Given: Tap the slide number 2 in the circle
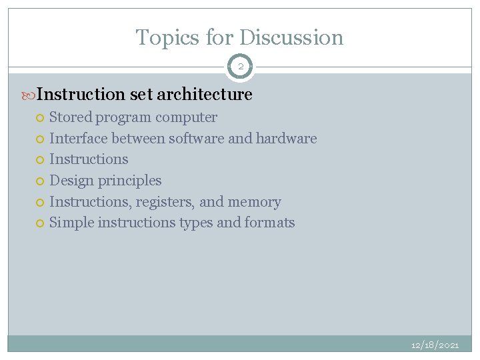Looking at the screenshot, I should coord(240,67).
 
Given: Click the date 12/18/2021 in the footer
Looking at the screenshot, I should coord(435,345).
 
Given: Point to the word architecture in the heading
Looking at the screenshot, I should coord(205,95).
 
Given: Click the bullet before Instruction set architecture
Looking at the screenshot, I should coord(30,95).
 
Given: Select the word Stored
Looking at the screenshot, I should coord(71,117).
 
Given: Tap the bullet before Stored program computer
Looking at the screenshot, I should coord(41,118).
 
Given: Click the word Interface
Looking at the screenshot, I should coord(79,139).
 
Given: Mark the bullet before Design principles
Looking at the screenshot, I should coord(41,181).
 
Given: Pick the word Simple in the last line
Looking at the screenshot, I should coord(71,223).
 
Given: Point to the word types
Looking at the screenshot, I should coord(196,223).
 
